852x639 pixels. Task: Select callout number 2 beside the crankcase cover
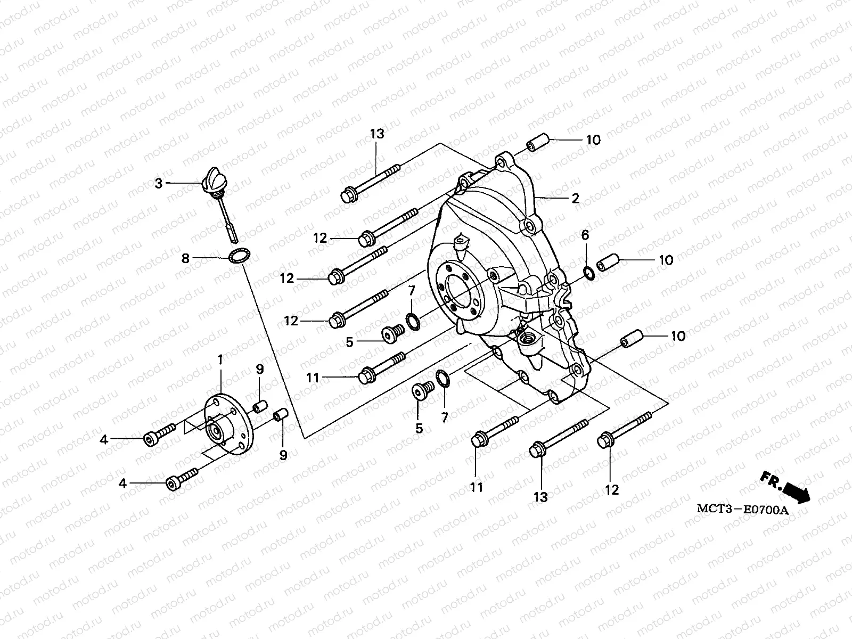[575, 199]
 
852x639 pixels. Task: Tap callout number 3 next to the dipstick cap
[159, 184]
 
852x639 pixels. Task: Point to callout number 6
[585, 235]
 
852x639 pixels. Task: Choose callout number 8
[185, 259]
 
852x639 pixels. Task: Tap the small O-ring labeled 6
[588, 273]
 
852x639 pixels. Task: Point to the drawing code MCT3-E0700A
[742, 510]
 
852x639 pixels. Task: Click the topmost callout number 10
[593, 140]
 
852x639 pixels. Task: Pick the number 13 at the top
[377, 134]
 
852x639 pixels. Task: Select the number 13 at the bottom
[540, 497]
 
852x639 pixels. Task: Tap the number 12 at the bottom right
[612, 490]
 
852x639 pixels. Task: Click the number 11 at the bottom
[476, 487]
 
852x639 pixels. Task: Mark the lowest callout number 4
[123, 484]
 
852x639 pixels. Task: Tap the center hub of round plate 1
[216, 428]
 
